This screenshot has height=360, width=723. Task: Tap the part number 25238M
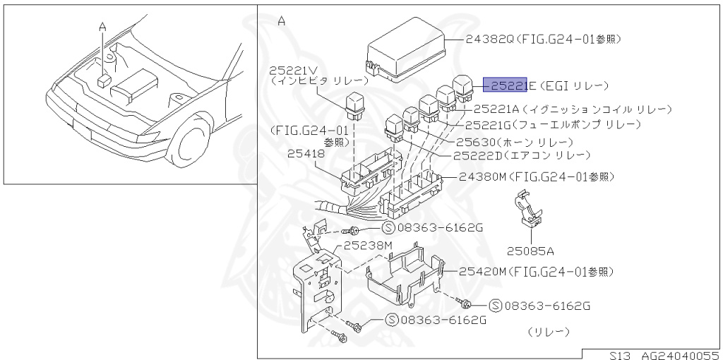pos(368,245)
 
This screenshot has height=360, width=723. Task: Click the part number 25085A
pos(530,250)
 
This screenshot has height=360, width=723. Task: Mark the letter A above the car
pos(103,26)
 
